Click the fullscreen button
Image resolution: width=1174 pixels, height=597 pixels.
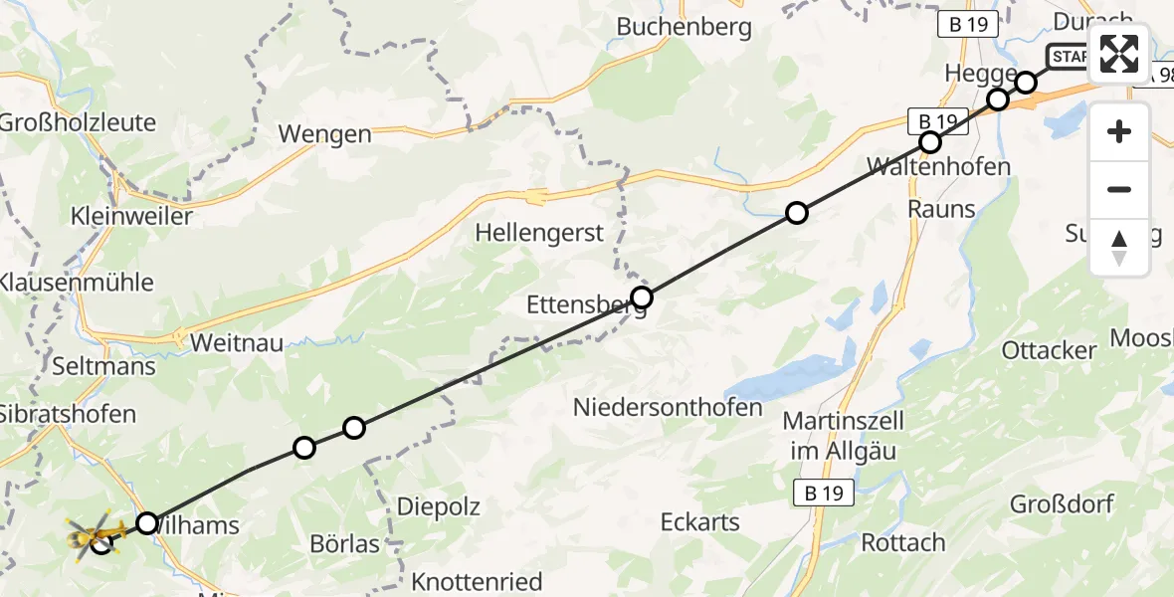tap(1119, 53)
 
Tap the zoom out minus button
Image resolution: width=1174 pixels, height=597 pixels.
tap(1119, 189)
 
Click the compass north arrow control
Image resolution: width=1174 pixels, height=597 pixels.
tap(1119, 248)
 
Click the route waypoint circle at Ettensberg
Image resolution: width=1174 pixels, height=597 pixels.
tap(642, 298)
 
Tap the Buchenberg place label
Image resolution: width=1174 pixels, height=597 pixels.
tap(684, 27)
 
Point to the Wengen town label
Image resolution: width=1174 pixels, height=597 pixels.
tap(324, 134)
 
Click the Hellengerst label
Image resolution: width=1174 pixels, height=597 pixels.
tap(539, 233)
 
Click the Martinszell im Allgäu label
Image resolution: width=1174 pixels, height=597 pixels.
tap(840, 436)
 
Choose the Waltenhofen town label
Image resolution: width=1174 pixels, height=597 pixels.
tap(939, 166)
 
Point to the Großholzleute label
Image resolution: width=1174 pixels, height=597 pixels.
tap(78, 122)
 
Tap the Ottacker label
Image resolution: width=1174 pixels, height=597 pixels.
tap(1049, 350)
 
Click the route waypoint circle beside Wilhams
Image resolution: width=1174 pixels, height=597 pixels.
tap(147, 522)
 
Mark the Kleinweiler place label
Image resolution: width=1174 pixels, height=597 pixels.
tap(132, 215)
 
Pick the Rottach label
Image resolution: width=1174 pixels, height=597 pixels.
tap(903, 543)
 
